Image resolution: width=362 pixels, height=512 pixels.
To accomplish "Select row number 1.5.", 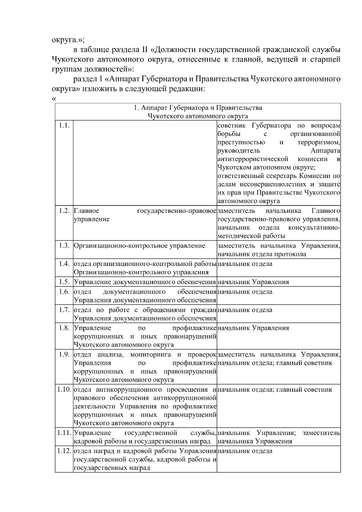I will pyautogui.click(x=64, y=282).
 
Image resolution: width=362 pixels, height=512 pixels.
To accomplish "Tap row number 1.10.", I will pyautogui.click(x=64, y=389).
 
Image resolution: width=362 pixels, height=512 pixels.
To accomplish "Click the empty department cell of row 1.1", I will pyautogui.click(x=145, y=163).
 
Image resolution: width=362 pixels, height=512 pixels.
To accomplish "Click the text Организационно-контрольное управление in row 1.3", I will pyautogui.click(x=139, y=245).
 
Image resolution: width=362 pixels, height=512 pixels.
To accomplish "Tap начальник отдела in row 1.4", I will pyautogui.click(x=245, y=264).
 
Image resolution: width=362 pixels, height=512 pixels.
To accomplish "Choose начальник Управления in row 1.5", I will pyautogui.click(x=253, y=282).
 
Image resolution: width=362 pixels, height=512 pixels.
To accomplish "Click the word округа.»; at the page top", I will pyautogui.click(x=68, y=39).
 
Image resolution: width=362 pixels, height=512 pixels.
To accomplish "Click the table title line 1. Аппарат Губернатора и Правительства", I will pyautogui.click(x=198, y=108).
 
